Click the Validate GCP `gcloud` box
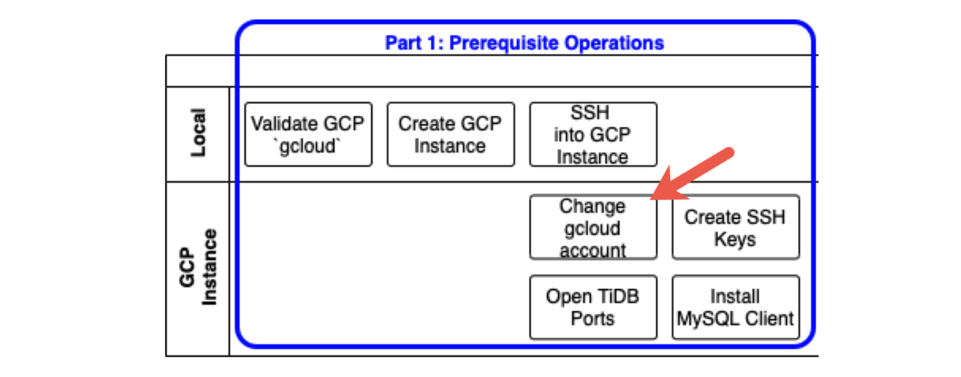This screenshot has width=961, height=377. (308, 134)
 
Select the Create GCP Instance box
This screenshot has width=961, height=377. (451, 134)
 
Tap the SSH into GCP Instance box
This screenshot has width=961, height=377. (593, 134)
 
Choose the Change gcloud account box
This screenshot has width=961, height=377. (593, 227)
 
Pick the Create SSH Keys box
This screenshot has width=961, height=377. (736, 227)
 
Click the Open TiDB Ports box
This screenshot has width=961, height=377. (593, 307)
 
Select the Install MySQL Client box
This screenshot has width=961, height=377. (736, 307)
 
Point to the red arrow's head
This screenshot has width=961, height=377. (651, 199)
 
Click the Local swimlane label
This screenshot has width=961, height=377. (198, 132)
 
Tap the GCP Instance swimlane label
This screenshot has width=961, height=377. (198, 267)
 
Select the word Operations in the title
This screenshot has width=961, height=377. (614, 43)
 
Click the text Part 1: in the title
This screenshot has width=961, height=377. (414, 43)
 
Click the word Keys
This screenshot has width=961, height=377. (735, 239)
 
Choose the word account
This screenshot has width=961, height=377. (593, 250)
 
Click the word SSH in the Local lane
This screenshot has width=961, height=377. (590, 113)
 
